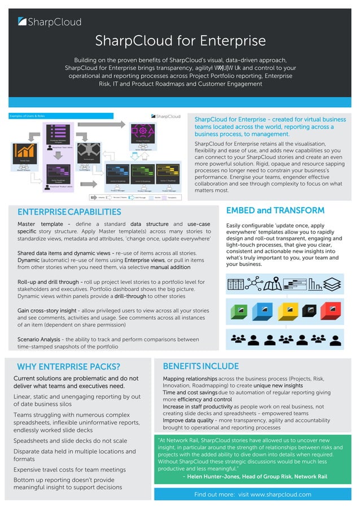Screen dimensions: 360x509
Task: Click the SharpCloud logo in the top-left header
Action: coord(50,22)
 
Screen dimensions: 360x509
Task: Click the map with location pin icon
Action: coord(272,283)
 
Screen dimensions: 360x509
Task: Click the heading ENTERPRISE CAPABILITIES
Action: coord(69,212)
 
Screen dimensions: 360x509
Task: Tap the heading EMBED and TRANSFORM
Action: coord(275,210)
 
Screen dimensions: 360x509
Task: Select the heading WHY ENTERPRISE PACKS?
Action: coord(68,367)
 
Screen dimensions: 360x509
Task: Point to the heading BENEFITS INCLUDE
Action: coord(200,366)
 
